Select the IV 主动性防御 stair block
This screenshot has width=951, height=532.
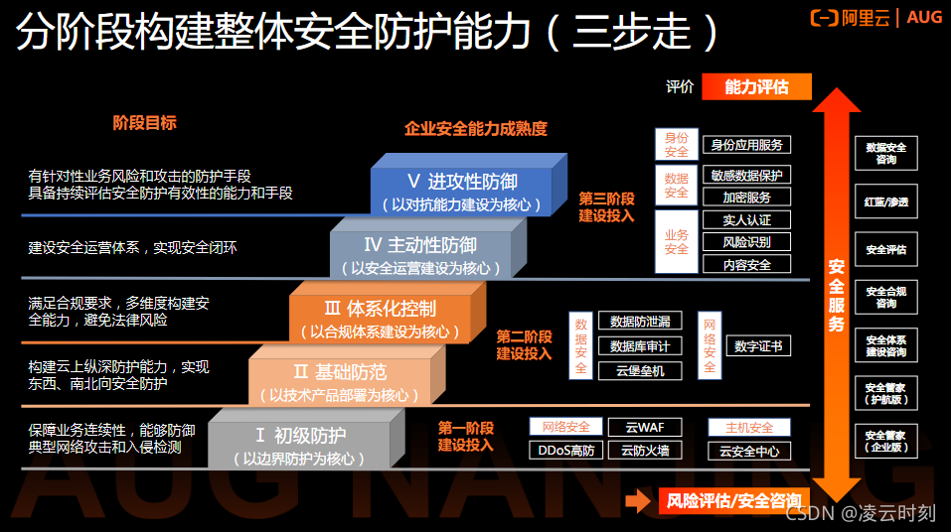(421, 255)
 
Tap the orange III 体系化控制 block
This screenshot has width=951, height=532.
(381, 319)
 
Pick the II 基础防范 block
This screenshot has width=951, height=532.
(340, 382)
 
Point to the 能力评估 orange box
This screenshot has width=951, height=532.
(756, 87)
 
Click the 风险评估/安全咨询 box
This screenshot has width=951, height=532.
(733, 501)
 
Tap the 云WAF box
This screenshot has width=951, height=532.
(645, 428)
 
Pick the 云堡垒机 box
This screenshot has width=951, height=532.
(639, 370)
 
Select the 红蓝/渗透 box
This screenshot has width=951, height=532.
(886, 201)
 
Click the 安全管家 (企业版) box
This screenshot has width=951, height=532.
(886, 441)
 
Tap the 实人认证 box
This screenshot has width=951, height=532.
(746, 219)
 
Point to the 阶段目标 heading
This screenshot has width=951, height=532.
(145, 123)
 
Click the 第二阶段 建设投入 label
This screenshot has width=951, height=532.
(524, 345)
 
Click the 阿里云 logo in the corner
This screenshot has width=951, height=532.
(853, 17)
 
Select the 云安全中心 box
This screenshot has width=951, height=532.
(749, 451)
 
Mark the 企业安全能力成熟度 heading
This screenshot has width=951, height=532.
(476, 129)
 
